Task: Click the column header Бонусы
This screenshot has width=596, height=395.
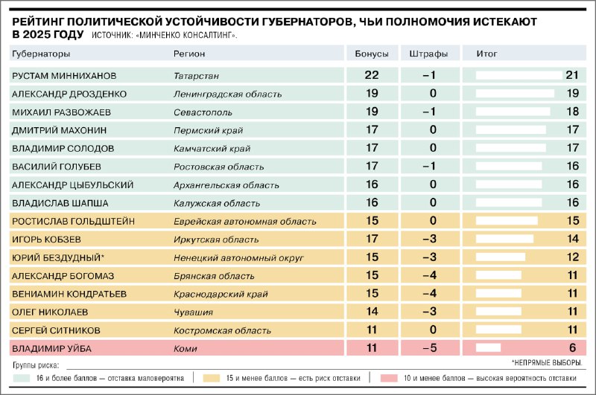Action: coord(371,54)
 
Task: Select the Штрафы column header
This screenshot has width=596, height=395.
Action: coord(428,54)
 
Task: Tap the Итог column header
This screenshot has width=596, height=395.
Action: coord(486,54)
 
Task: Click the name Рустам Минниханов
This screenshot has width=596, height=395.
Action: coord(64,76)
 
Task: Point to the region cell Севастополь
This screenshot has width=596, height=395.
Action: coord(203,112)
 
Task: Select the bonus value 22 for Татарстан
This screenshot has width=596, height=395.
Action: coord(371,75)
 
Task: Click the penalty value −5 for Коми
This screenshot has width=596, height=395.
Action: coord(430,348)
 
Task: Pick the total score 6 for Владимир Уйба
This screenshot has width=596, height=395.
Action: coord(572,348)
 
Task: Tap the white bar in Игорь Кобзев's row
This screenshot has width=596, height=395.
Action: coord(504,239)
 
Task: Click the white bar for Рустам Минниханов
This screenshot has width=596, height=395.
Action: coord(519,75)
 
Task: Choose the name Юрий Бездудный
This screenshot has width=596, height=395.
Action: coord(58,257)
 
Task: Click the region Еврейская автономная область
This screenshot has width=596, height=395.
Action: coord(245,222)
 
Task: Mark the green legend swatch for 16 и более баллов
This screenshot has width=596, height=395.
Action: coord(22,378)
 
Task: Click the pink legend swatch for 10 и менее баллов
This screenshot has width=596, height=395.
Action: coord(389,378)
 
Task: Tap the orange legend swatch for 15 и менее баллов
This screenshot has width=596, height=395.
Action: coord(212,378)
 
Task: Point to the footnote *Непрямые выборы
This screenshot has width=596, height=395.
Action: coord(547,363)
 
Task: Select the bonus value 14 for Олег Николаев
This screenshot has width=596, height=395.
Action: coord(372,312)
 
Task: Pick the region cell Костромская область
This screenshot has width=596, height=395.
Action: coord(222,330)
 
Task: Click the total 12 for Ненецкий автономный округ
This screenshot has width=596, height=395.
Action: coord(572,257)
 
